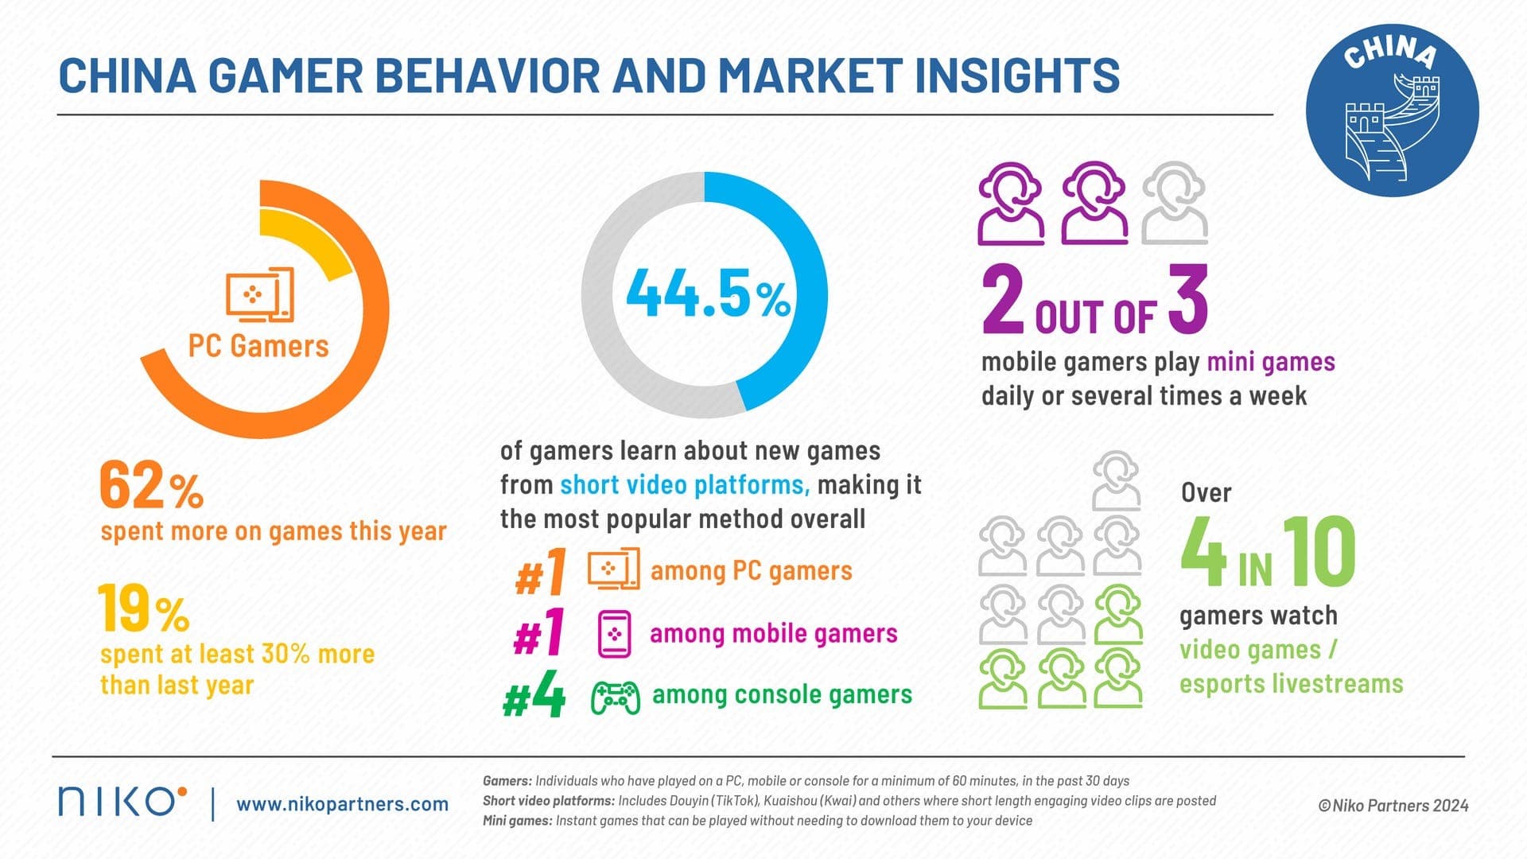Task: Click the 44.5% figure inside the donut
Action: pos(707,294)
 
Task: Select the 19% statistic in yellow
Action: pos(143,609)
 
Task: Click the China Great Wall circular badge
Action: pos(1392,110)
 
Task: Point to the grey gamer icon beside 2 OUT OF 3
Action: pos(1175,203)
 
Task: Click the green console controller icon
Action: pos(615,698)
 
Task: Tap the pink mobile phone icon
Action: pos(614,634)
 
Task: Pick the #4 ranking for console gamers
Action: pos(534,698)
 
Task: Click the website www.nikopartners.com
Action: pos(342,804)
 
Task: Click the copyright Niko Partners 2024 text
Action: pos(1393,806)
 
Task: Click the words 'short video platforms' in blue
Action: pos(684,485)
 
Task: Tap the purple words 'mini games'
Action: pos(1270,362)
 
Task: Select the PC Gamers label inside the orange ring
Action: pos(258,346)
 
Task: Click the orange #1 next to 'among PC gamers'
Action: pos(541,573)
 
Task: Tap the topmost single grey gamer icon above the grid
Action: pos(1117,480)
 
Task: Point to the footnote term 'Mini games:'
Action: pos(517,821)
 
